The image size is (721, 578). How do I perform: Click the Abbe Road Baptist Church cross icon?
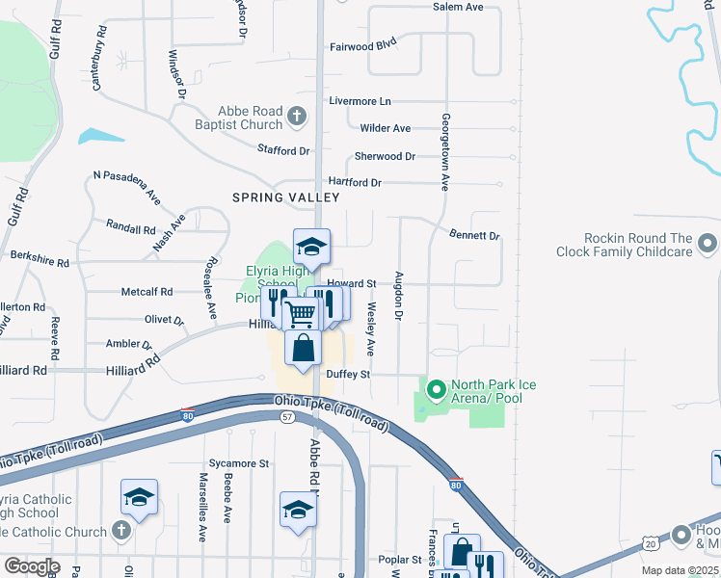297,118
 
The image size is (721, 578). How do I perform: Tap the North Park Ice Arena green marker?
436,390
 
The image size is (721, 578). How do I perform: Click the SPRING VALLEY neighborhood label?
286,197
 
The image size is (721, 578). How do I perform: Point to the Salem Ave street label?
457,7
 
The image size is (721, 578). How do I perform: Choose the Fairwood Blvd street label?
363,45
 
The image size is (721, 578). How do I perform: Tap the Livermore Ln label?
360,101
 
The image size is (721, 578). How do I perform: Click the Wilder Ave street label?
385,128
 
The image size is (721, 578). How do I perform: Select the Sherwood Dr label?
385,156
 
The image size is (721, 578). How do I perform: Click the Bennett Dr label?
474,235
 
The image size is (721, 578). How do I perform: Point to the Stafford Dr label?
283,150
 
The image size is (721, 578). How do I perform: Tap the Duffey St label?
348,374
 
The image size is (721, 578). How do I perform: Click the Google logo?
32,566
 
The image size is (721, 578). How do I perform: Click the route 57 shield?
287,416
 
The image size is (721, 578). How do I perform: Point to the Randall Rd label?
131,230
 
